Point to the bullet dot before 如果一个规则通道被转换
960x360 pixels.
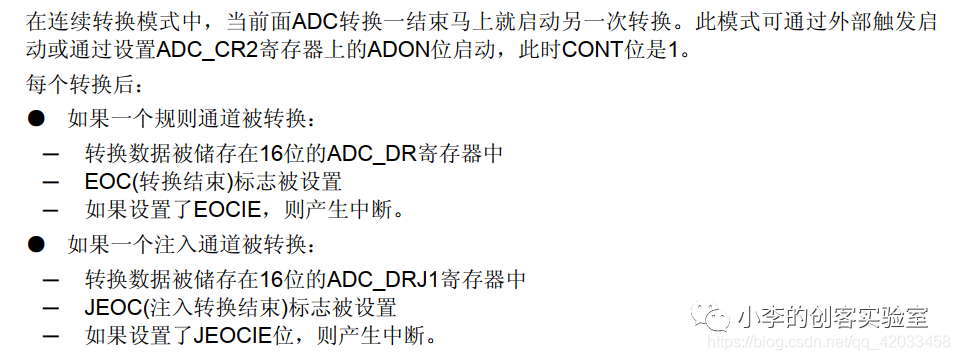(37, 119)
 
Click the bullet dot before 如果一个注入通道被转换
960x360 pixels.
(37, 244)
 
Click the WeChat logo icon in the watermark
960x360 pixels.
(718, 319)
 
